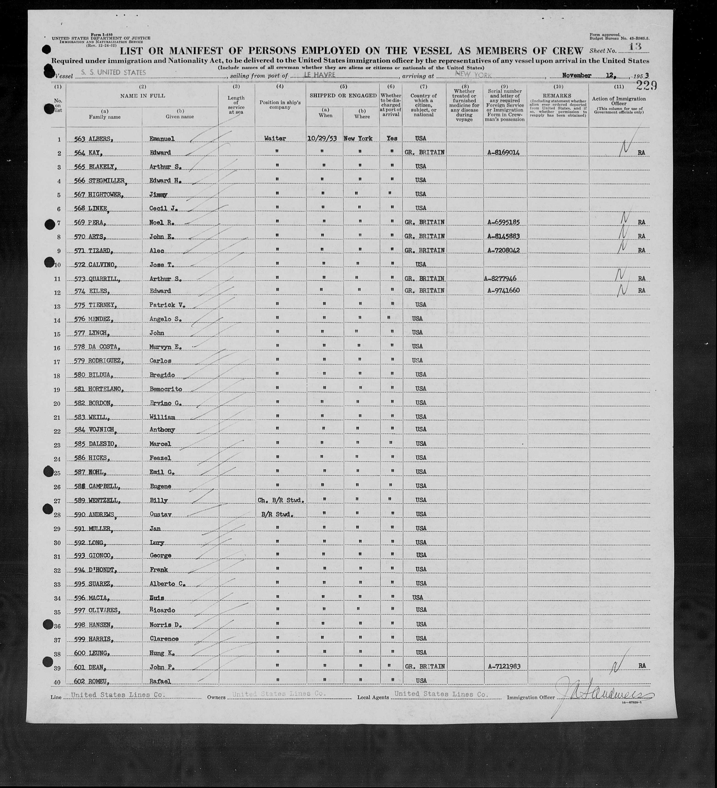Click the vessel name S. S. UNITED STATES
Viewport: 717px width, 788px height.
[112, 72]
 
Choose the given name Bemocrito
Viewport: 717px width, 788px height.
[166, 389]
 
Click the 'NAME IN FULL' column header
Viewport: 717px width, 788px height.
[142, 95]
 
